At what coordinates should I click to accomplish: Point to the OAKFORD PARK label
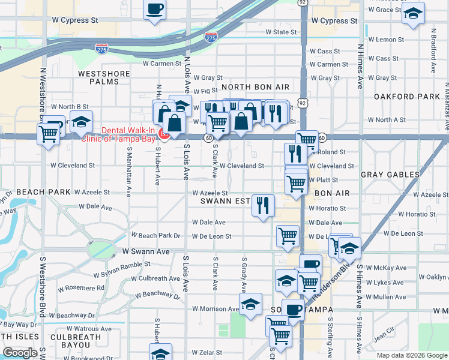(406, 97)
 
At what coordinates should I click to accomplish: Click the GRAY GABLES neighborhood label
(390, 175)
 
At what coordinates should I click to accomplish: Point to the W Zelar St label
(207, 353)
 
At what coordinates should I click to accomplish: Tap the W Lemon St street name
(386, 40)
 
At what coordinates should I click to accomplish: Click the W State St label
(281, 32)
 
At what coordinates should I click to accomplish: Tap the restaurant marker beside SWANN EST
(263, 205)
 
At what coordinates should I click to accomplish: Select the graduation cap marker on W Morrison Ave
(250, 304)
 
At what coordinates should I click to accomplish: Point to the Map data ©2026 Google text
(412, 355)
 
